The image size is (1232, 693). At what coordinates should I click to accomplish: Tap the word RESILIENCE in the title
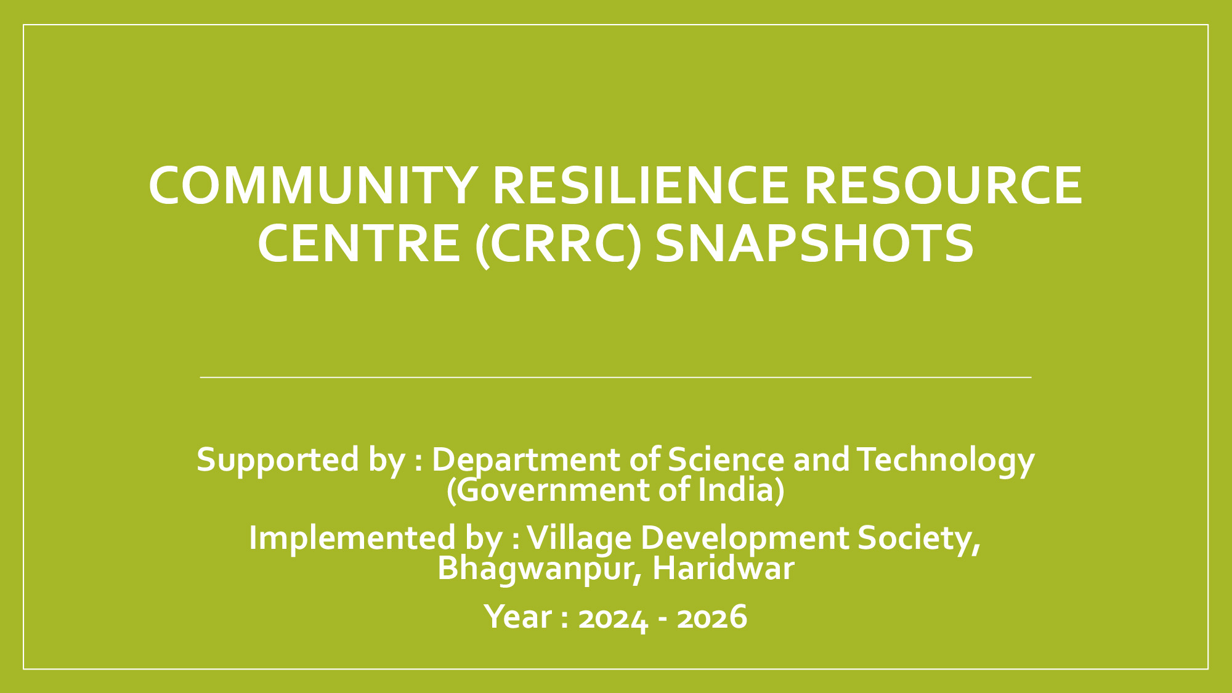(x=640, y=185)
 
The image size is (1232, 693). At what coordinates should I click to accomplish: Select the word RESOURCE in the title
(x=942, y=185)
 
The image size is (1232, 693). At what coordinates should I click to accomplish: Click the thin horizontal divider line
(x=616, y=377)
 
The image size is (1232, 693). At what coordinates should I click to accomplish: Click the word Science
(x=726, y=460)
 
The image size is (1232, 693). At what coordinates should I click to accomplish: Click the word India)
(x=742, y=490)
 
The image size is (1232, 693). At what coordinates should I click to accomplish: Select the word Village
(x=580, y=538)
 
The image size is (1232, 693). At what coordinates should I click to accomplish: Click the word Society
(x=918, y=538)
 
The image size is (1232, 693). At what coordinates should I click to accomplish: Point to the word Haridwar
(x=723, y=568)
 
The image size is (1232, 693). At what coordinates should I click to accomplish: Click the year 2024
(x=613, y=617)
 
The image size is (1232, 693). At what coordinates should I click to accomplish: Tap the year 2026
(x=712, y=617)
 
